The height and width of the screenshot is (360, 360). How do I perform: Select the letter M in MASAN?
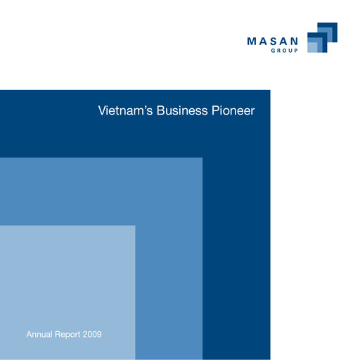(x=252, y=42)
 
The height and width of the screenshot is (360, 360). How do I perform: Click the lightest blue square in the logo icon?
(x=313, y=47)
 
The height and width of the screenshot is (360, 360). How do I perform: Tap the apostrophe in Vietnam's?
(x=143, y=108)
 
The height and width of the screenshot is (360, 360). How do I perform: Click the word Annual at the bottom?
(x=39, y=334)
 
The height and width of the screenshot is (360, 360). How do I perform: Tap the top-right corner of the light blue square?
(x=134, y=226)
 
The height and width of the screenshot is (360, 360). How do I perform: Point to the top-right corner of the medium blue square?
(x=202, y=158)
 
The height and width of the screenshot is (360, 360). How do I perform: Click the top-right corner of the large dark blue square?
(x=269, y=91)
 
